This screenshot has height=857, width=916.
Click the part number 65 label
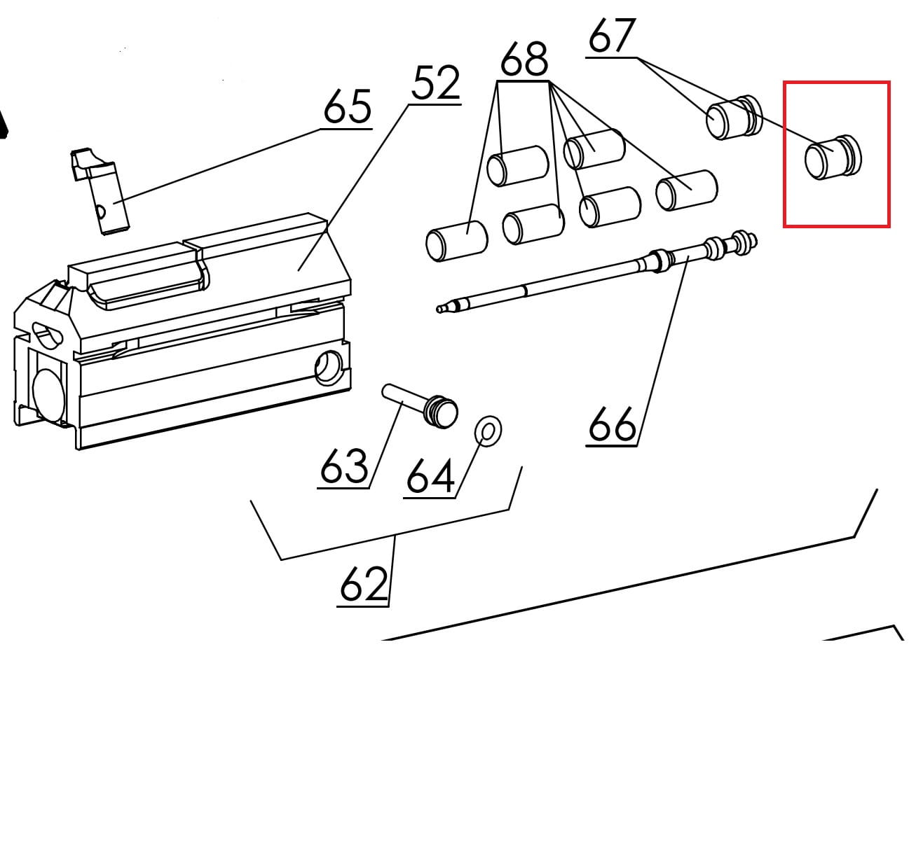[347, 108]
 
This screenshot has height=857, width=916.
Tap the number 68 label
[524, 60]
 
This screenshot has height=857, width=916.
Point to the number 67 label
[611, 36]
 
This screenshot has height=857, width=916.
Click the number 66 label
[612, 424]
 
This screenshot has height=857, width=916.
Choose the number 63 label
[343, 466]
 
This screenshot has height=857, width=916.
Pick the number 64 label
[430, 476]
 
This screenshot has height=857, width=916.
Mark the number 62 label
[363, 585]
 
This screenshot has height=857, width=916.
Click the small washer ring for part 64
[488, 431]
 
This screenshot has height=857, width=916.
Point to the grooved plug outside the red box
[732, 117]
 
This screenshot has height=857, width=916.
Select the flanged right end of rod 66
[732, 244]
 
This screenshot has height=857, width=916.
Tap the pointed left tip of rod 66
[442, 307]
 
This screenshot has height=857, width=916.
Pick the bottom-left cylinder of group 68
[456, 242]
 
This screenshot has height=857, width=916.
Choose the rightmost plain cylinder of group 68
[686, 190]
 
